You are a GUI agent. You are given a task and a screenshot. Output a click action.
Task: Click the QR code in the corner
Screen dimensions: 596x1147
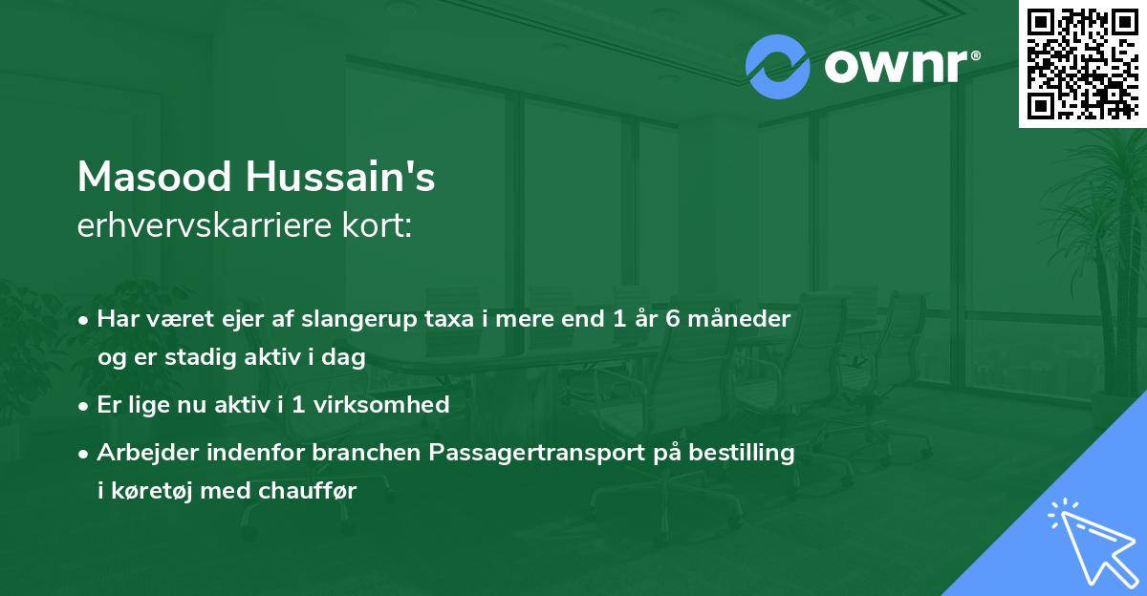tap(1082, 63)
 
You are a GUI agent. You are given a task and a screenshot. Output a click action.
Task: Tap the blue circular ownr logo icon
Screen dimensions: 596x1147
tap(777, 66)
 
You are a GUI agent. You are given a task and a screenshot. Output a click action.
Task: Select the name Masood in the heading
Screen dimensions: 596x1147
tap(154, 177)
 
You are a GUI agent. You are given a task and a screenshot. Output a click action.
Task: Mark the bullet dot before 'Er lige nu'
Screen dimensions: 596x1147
tap(85, 405)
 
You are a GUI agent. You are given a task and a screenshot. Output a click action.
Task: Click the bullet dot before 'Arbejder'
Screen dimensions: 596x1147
tap(85, 454)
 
